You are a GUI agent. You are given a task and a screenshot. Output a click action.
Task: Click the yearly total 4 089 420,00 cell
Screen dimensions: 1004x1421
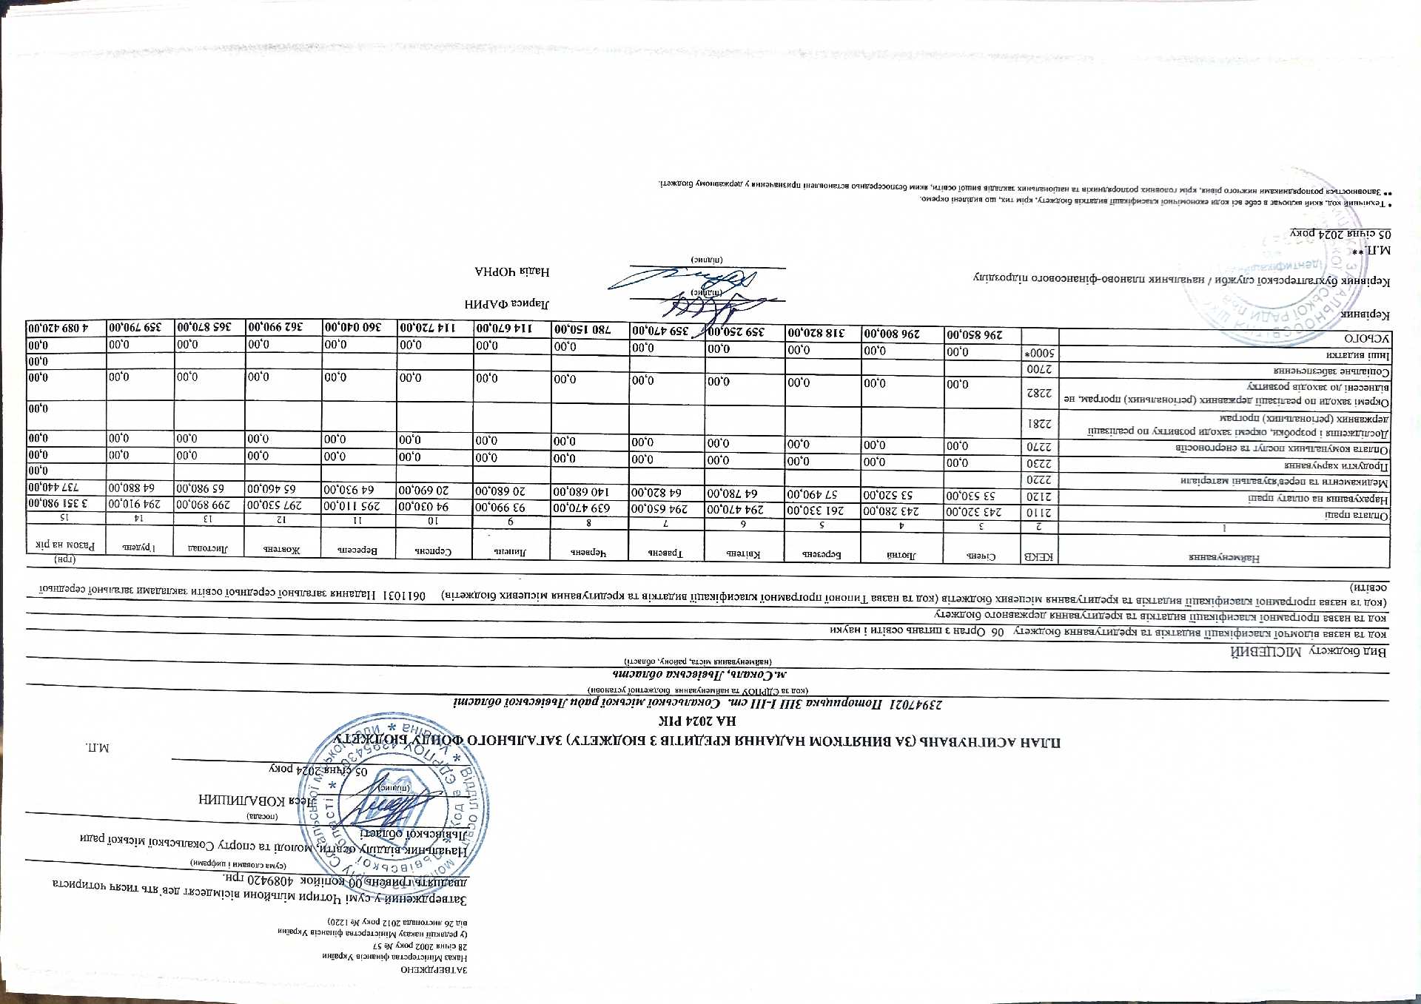point(57,327)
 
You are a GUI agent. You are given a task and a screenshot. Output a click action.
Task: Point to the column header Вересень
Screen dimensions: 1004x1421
point(360,550)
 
